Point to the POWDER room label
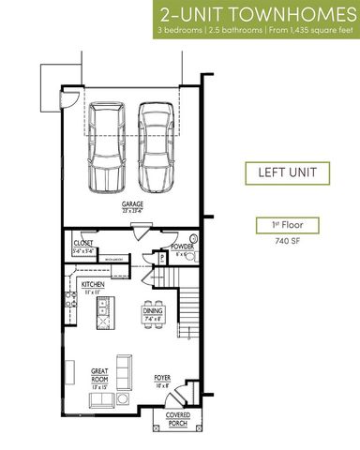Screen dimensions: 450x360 coord(182,247)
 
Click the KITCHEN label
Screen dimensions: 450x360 coord(92,284)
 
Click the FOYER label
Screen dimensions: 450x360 coord(162,378)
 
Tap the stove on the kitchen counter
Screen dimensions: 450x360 coord(68,300)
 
